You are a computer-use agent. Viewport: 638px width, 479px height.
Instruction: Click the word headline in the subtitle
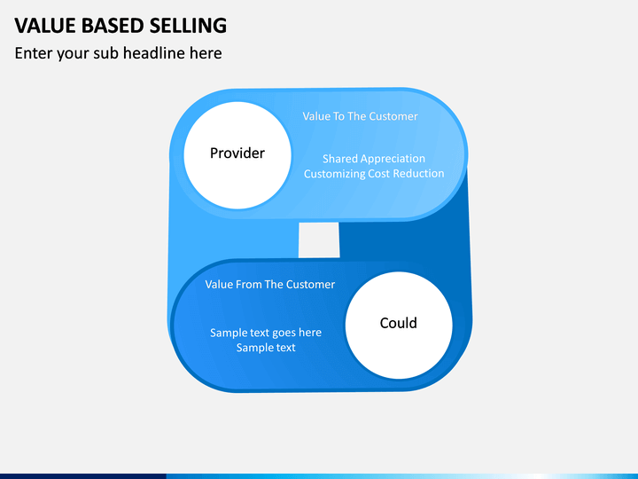point(154,53)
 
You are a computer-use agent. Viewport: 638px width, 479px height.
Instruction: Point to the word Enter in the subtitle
point(34,53)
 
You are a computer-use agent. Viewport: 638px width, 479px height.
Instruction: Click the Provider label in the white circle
point(237,153)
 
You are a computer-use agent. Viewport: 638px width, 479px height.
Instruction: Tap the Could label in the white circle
point(399,323)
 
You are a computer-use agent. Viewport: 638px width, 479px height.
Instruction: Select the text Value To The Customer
point(360,116)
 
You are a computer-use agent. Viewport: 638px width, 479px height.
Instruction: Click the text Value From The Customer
point(269,285)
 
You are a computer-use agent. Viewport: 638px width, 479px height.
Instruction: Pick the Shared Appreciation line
point(374,159)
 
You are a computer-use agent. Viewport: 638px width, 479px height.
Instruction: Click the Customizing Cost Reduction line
point(374,174)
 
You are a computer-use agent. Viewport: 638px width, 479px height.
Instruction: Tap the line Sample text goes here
point(266,333)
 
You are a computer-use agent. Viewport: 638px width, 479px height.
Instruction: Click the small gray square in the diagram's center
point(319,239)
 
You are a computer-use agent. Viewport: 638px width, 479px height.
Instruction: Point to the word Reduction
point(418,174)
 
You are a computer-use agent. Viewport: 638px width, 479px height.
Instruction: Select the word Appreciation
point(393,159)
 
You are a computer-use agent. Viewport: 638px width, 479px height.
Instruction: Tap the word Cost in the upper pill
point(379,174)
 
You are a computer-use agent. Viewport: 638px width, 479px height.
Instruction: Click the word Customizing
point(334,174)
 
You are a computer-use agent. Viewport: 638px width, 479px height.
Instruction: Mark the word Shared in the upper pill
point(340,159)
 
